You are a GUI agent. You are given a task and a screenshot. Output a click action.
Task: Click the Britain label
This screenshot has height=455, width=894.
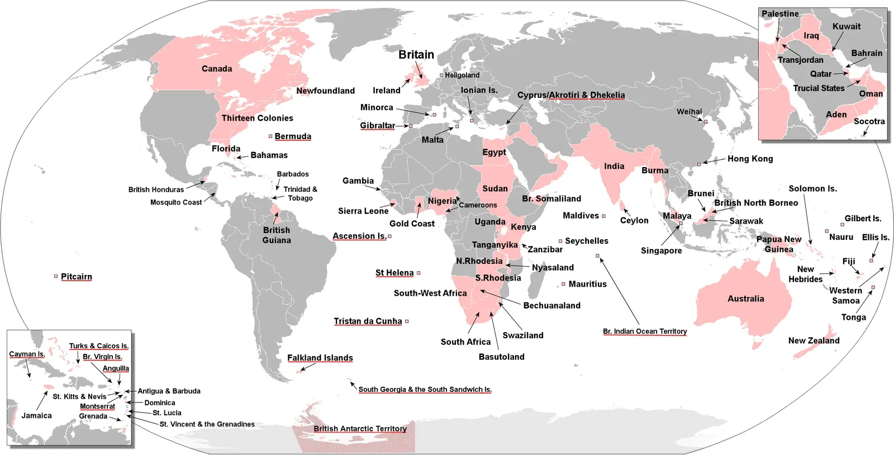(416, 55)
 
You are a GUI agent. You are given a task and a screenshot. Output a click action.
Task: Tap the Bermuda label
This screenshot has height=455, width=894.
(293, 136)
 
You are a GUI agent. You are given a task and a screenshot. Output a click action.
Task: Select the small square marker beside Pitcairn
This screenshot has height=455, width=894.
(56, 276)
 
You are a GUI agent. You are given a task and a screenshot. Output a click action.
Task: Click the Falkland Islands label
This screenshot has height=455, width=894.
(320, 358)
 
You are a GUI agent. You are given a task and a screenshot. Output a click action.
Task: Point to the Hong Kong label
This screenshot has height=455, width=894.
(750, 159)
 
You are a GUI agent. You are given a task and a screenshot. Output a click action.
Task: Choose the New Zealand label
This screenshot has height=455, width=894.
(814, 340)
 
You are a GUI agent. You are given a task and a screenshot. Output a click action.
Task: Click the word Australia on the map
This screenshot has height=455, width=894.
(745, 298)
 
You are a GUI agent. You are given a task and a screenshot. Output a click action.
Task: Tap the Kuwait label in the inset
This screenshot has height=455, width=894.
(846, 26)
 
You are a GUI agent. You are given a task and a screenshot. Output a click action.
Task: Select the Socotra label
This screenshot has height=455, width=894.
(869, 121)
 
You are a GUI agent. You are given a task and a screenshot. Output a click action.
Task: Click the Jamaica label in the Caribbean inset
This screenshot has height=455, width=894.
(36, 415)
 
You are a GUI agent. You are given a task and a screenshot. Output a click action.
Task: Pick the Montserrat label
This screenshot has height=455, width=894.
(97, 406)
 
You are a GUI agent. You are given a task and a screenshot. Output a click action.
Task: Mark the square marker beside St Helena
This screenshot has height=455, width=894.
(419, 273)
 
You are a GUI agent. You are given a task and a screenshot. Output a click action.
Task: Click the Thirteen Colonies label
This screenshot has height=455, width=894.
(257, 118)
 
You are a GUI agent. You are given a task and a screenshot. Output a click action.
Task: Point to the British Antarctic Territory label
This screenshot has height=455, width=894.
(360, 429)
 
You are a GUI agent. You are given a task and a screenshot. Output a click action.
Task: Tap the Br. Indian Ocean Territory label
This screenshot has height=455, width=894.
(644, 331)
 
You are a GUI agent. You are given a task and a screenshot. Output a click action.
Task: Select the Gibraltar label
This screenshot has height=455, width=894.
(377, 126)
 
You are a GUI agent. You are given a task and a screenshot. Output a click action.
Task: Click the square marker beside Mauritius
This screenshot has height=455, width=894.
(563, 284)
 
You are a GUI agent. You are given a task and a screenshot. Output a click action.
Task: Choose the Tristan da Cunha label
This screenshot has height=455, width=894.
(368, 321)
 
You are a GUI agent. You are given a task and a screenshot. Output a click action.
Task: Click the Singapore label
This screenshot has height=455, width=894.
(661, 250)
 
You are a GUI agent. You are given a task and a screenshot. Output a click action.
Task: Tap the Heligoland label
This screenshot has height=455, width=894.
(462, 75)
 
